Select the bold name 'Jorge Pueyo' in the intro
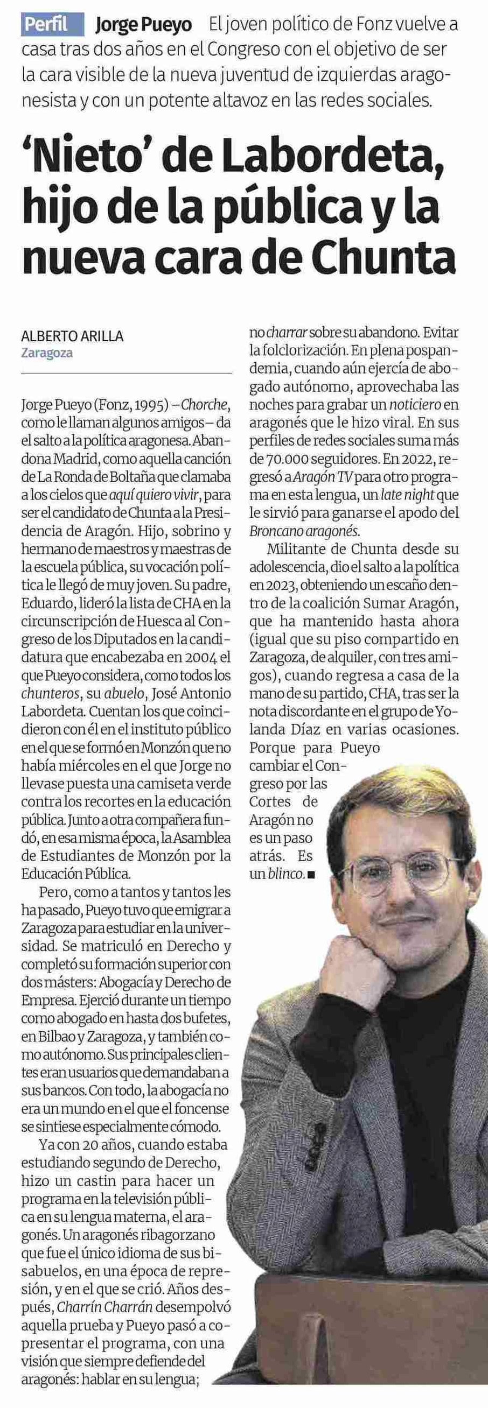coord(143,25)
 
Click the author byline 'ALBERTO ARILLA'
coord(72,337)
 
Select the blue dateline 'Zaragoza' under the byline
coord(47,353)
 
